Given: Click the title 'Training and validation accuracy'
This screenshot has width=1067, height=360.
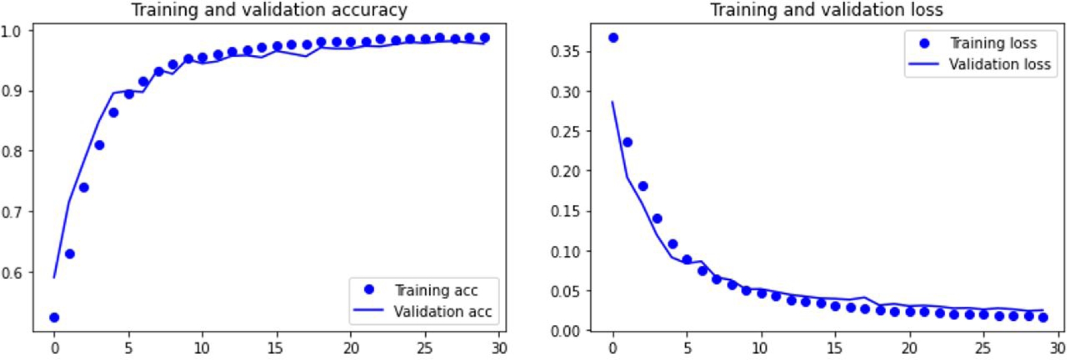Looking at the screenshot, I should click(269, 10).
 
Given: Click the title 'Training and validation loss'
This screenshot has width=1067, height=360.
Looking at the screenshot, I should click(826, 10).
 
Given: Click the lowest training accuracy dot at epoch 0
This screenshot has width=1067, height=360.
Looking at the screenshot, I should click(54, 317).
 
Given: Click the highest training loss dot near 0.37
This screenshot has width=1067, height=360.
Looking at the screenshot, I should click(613, 37).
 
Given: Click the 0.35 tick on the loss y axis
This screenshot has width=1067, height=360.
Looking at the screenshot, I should click(565, 52).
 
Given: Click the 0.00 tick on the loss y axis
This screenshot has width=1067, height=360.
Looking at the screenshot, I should click(565, 331).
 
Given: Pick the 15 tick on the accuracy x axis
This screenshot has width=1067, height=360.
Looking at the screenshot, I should click(276, 348).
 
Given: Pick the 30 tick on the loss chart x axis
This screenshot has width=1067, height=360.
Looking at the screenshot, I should click(1057, 348).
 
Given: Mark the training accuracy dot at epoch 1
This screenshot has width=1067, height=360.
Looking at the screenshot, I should click(70, 254).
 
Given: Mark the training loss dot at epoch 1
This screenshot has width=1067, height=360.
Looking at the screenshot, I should click(627, 142).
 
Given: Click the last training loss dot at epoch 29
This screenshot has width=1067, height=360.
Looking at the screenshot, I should click(1043, 317).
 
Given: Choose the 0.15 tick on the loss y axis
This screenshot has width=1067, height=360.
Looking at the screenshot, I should click(565, 211).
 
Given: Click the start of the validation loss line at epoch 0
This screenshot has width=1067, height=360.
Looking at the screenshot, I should click(613, 102).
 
